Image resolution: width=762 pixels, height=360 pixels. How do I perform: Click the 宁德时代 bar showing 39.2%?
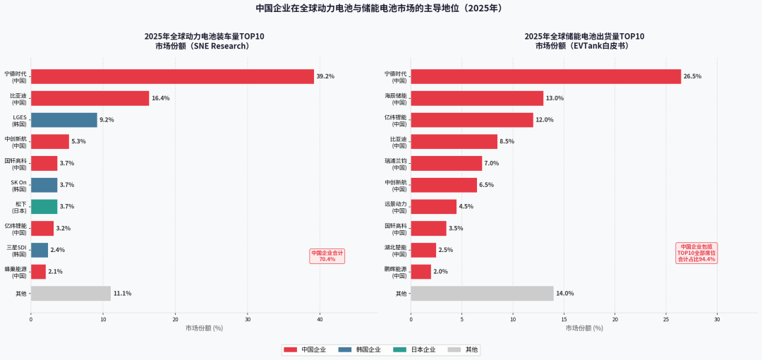click(x=172, y=76)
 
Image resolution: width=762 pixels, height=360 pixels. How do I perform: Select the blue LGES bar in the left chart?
click(x=64, y=120)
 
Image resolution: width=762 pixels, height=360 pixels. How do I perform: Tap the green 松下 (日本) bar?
click(x=44, y=207)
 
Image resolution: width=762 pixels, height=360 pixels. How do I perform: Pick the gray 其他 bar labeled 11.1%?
click(x=71, y=294)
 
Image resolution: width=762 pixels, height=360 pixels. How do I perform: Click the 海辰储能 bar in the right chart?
click(x=477, y=98)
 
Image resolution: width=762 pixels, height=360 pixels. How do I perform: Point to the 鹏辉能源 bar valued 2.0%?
click(x=421, y=272)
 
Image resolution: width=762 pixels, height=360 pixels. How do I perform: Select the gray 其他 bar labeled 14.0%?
click(x=482, y=294)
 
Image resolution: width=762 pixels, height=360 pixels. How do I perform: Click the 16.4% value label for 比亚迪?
click(x=161, y=98)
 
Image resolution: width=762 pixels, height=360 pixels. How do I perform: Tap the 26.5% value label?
click(x=693, y=76)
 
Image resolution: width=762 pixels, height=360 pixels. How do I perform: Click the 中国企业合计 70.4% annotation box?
click(x=327, y=256)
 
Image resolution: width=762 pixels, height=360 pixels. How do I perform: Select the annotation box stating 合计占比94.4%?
click(x=696, y=253)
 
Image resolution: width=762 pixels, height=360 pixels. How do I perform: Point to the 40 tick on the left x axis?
click(x=320, y=319)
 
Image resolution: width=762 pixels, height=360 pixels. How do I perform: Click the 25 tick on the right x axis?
click(x=666, y=319)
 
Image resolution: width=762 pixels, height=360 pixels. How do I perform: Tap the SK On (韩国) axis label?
click(x=18, y=185)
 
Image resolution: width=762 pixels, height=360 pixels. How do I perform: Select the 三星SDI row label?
click(x=16, y=251)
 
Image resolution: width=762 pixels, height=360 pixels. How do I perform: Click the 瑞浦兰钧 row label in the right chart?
click(x=395, y=163)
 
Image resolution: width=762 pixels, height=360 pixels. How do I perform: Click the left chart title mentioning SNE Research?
click(x=204, y=41)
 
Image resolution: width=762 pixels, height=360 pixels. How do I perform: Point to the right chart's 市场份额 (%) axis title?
click(x=584, y=328)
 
